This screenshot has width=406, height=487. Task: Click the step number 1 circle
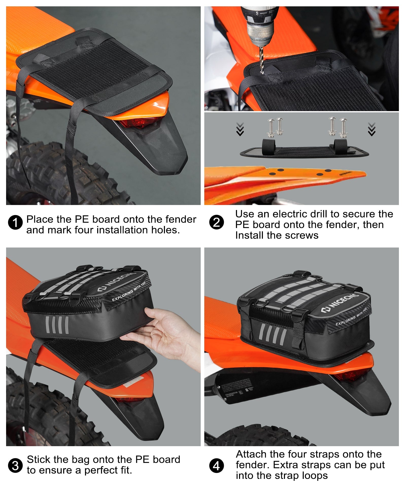click(x=15, y=222)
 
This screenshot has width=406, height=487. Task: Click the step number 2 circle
click(x=216, y=222)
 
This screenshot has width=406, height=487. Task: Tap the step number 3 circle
click(x=15, y=466)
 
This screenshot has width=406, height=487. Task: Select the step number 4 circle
click(x=216, y=466)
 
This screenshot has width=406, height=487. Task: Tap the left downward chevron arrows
click(x=240, y=129)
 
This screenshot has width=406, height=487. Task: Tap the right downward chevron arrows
click(x=371, y=129)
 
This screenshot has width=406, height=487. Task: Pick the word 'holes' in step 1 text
click(x=165, y=230)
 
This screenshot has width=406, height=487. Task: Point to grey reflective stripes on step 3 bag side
click(x=57, y=325)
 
